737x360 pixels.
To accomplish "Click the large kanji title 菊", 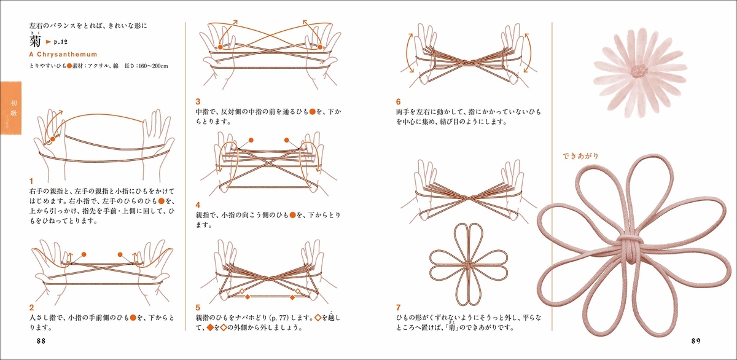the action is (x=35, y=42).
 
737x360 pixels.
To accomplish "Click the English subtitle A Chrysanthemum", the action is (x=63, y=54).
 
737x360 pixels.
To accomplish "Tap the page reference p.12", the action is (x=61, y=42).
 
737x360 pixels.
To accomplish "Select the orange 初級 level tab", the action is (x=11, y=108).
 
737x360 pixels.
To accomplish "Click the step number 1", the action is (x=31, y=181).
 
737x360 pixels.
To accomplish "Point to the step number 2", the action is (x=31, y=307).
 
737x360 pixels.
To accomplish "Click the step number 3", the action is (x=198, y=101).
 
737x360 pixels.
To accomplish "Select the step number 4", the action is (x=198, y=205).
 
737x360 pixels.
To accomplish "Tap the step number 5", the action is (x=198, y=307).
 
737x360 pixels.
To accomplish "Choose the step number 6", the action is (x=399, y=101).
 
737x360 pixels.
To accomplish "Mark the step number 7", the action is (x=399, y=307).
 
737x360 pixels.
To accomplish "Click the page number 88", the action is (x=41, y=341).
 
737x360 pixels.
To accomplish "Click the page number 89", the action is (x=696, y=341).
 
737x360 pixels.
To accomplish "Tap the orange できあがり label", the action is (x=580, y=155).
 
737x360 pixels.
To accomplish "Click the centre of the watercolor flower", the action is (x=639, y=71).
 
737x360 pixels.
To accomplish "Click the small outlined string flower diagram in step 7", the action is (x=469, y=265).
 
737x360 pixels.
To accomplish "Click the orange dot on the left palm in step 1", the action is (x=53, y=139).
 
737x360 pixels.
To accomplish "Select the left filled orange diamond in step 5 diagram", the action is (x=248, y=297).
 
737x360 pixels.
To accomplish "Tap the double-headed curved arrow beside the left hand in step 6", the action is (x=408, y=53).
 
